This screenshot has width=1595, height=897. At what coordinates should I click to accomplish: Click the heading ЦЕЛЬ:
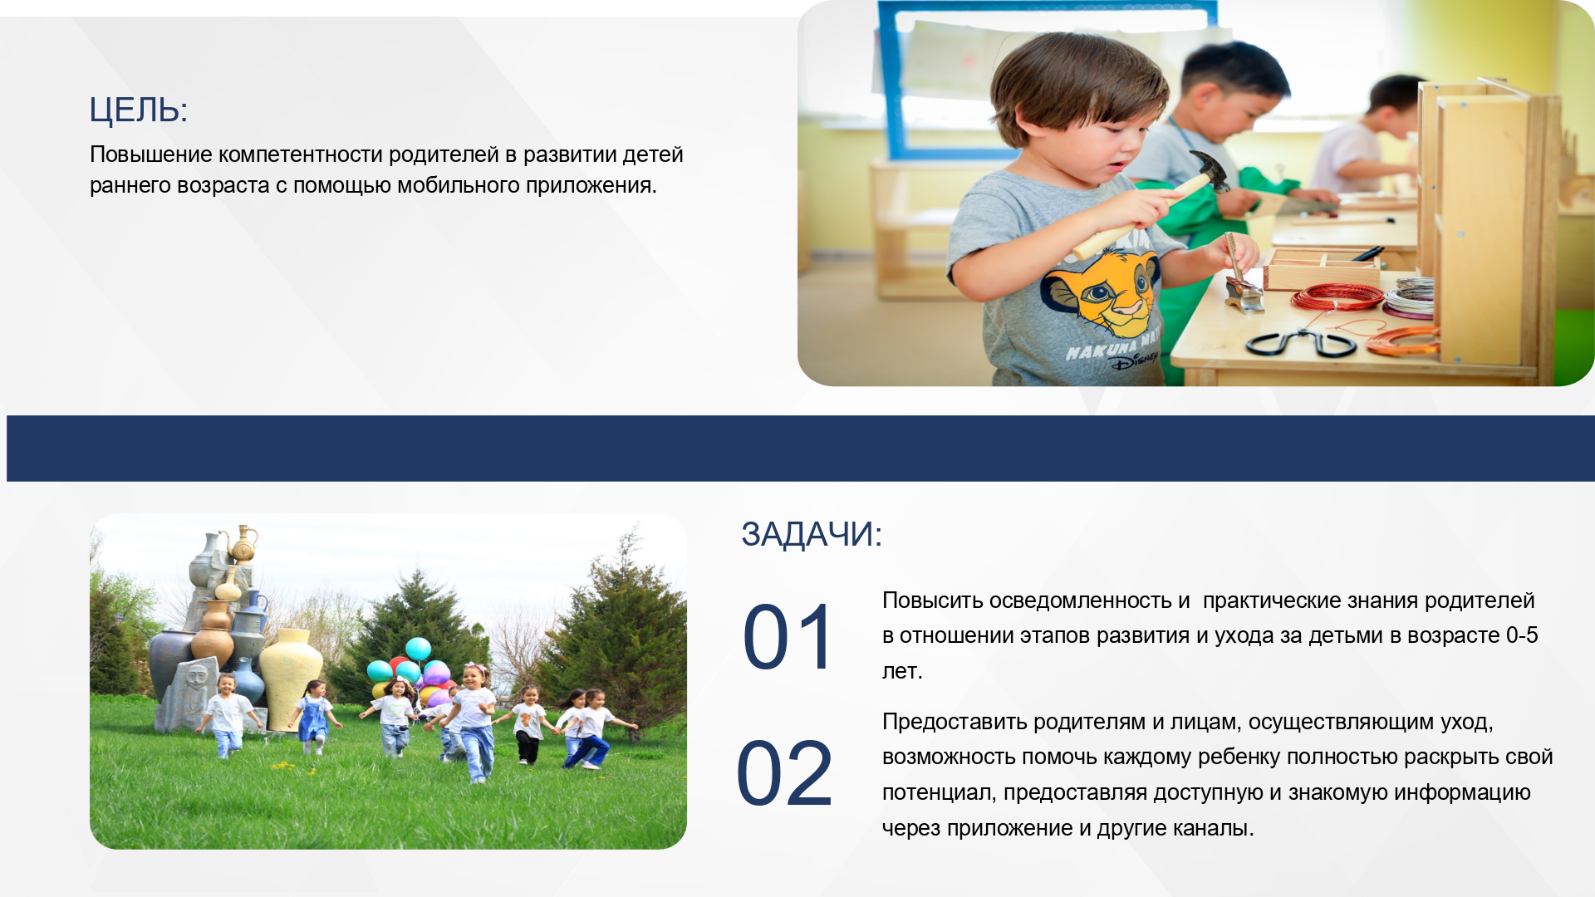(x=139, y=110)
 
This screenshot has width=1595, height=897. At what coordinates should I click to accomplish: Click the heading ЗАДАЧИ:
(x=811, y=534)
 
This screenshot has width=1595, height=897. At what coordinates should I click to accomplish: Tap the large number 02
(x=784, y=774)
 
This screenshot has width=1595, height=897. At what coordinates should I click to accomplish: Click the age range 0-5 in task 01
(x=1522, y=635)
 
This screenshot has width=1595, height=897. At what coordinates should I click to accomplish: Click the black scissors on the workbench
(x=1301, y=342)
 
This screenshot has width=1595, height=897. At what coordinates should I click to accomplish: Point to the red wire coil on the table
(x=1337, y=297)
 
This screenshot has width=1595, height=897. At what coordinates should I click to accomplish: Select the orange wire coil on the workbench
(x=1404, y=341)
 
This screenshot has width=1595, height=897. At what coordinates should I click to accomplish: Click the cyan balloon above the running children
(x=418, y=649)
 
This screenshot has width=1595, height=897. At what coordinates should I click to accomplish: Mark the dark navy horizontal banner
(x=801, y=448)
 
